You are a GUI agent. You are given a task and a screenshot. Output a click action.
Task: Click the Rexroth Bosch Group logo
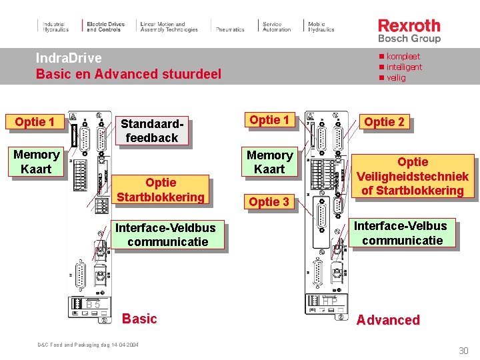409,30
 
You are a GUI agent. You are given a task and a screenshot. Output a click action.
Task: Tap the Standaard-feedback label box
152,131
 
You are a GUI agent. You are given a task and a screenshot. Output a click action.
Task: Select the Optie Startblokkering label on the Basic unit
161,189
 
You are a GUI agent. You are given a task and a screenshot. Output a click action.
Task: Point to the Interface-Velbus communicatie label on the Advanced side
402,233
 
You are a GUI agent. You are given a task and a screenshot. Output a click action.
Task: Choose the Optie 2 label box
383,121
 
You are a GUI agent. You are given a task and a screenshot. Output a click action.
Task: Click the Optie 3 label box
269,201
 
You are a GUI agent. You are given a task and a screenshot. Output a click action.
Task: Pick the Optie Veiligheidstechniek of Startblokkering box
413,176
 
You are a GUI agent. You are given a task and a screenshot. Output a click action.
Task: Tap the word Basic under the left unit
139,319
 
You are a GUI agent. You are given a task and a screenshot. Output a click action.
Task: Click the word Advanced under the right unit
388,320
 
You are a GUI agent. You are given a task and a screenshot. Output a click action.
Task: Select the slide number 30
463,351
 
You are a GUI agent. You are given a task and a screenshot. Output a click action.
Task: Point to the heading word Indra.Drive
69,59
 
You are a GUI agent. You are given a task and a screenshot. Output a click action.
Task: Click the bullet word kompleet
403,57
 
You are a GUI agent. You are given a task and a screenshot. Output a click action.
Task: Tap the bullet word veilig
396,77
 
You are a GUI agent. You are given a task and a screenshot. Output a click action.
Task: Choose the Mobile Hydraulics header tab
321,27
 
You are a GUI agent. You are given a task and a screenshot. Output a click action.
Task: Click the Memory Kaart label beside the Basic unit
36,162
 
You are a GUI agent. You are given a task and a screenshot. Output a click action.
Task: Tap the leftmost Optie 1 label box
34,121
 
